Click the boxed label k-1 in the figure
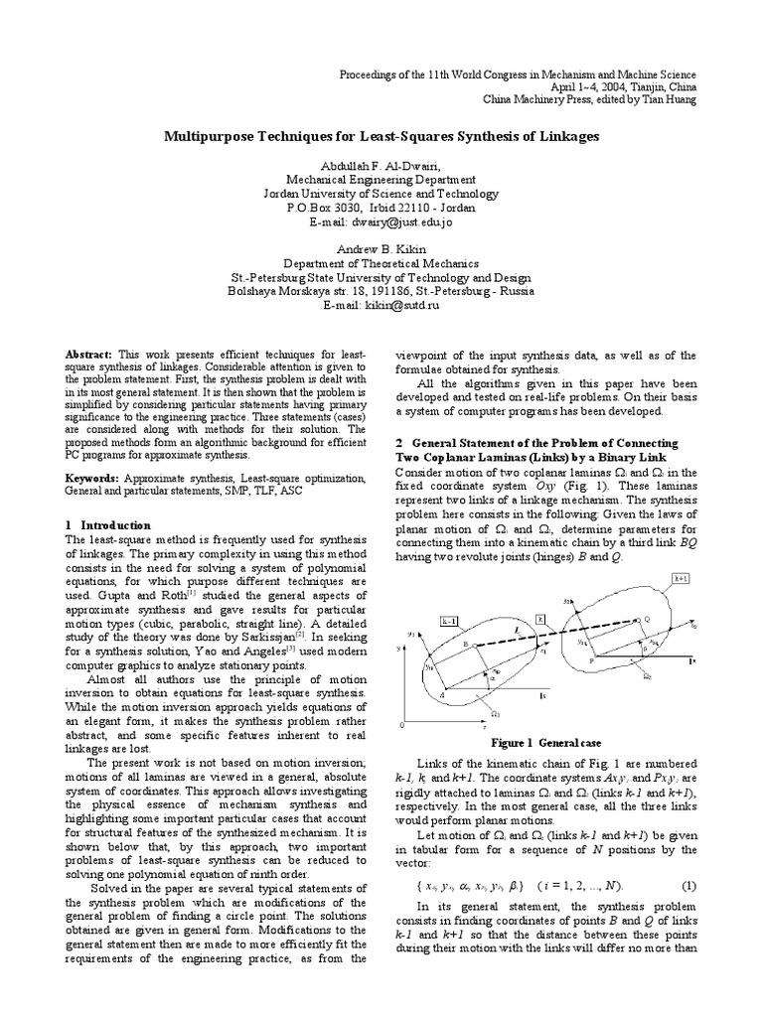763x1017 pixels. [449, 621]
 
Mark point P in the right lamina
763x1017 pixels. [593, 658]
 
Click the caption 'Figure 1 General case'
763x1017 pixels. [544, 742]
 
